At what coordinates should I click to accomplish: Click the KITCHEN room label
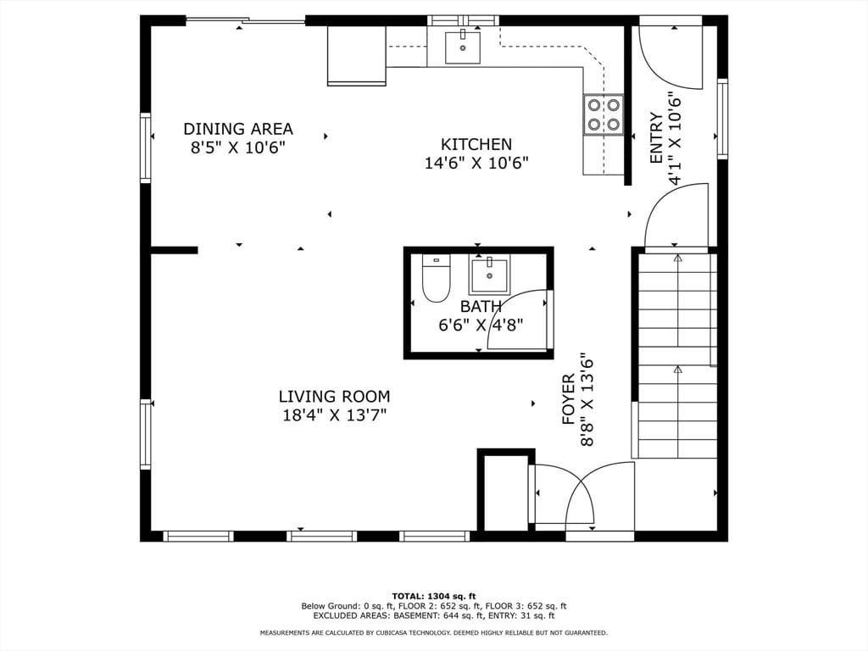point(476,144)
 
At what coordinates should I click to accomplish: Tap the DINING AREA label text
point(238,129)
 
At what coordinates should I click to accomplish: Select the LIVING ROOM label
point(334,397)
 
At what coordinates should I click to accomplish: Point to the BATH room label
point(481,306)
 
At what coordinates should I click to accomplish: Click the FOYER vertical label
point(569,399)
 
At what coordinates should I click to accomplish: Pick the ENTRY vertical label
point(656,138)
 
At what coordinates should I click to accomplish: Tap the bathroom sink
point(489,275)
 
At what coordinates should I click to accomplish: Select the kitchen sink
point(463,47)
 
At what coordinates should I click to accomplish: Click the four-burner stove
point(603,114)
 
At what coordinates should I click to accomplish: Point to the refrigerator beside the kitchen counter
point(357,56)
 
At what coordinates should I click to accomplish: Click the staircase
point(675,355)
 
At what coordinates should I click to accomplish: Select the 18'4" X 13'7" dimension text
point(334,415)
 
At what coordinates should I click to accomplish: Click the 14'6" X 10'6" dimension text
point(476,164)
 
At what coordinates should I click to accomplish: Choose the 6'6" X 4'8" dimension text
point(481,325)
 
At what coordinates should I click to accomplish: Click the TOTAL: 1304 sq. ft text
point(434,596)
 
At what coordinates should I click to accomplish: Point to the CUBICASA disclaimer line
point(434,632)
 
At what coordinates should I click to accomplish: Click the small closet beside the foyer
point(506,492)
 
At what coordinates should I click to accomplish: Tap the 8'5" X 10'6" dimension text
point(238,147)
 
